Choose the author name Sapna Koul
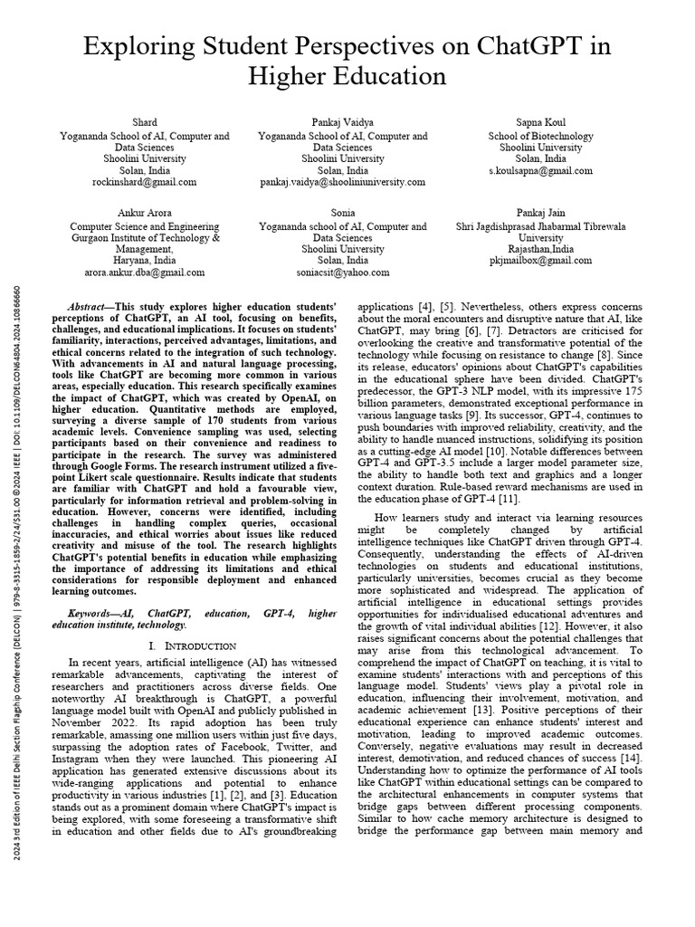coord(540,123)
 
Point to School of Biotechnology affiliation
coord(540,136)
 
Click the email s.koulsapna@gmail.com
coord(540,170)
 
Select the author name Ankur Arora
coord(145,213)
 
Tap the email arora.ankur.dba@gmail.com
coord(145,272)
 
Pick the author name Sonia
coord(343,213)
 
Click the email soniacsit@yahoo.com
coord(343,272)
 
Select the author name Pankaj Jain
coord(540,213)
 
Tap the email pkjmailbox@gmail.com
coord(540,260)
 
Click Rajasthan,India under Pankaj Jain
coord(540,248)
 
